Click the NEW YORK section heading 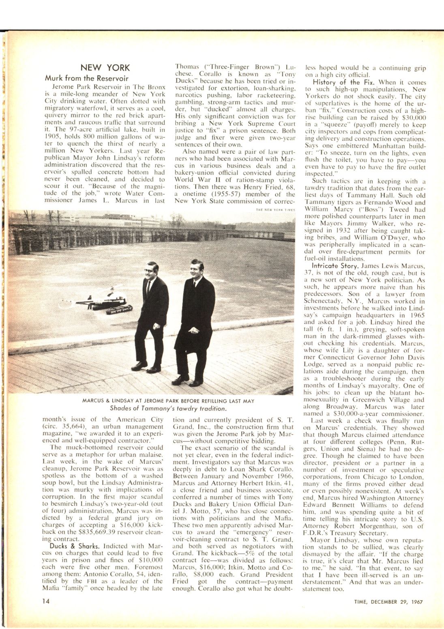[x=105, y=67]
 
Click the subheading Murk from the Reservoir [x=86, y=78]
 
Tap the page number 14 [x=45, y=601]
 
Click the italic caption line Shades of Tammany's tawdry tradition [x=168, y=408]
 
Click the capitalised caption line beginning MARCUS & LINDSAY [x=168, y=401]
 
